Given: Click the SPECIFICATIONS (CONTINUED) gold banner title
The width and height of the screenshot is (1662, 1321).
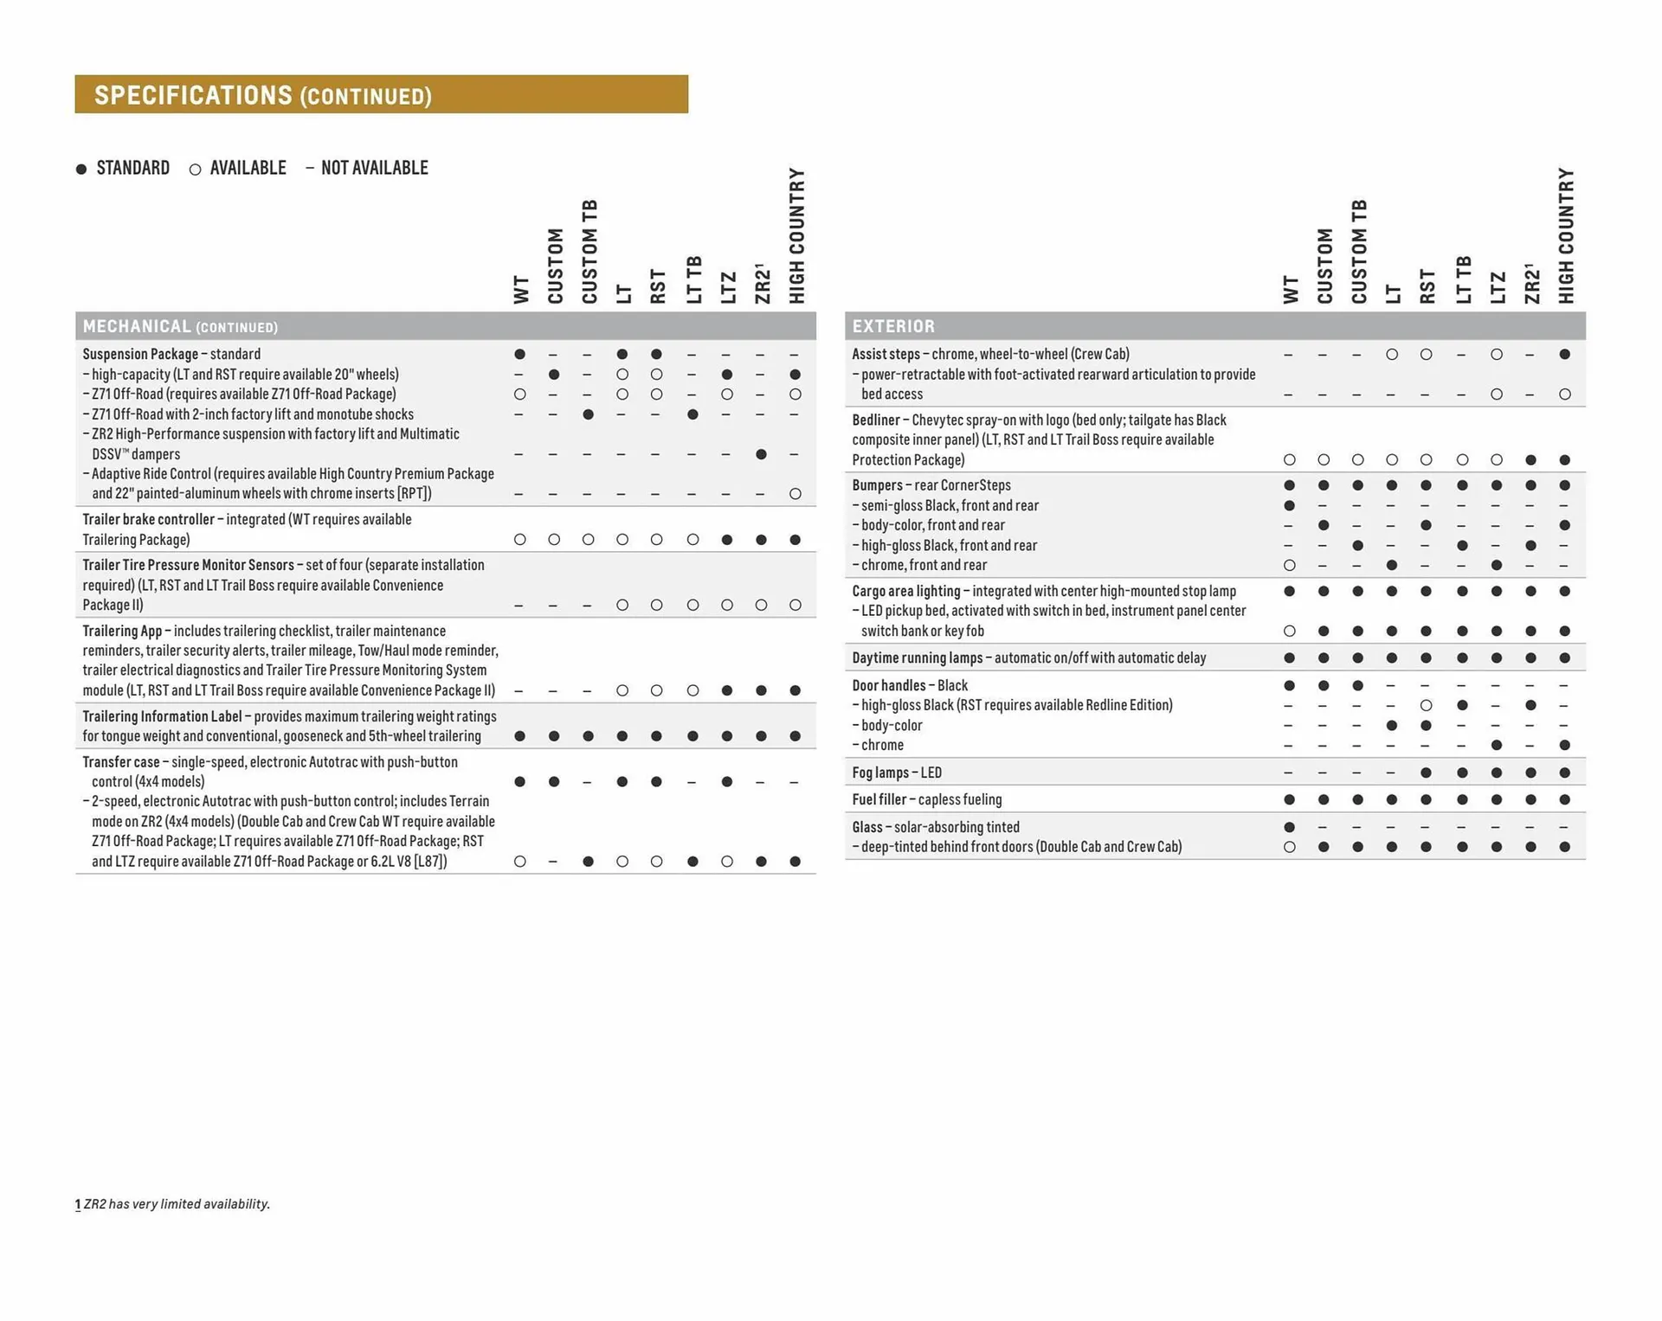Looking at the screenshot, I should (x=262, y=94).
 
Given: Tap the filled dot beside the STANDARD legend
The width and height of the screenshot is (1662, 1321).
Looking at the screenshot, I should (x=81, y=169).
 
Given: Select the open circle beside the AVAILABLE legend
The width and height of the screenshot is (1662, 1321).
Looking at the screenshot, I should (x=195, y=170).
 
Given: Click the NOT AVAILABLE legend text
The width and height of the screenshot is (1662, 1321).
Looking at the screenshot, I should (x=374, y=168).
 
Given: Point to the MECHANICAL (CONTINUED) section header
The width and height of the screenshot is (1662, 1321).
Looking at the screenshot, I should (x=180, y=326).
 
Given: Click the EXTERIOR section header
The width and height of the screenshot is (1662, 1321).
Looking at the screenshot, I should (x=893, y=326).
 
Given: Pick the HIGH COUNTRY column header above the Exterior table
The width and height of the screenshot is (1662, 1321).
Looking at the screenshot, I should (x=1565, y=235).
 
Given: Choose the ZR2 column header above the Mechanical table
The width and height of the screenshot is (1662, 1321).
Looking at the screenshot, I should (x=762, y=284).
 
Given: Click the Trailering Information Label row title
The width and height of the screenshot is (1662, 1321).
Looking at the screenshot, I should (x=163, y=716).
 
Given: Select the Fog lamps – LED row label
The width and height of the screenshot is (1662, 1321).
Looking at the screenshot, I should (x=897, y=773).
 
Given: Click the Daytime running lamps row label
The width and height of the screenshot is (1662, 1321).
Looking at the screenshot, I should (x=1028, y=657).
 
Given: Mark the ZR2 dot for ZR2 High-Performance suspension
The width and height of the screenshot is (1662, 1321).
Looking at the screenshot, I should (x=761, y=454).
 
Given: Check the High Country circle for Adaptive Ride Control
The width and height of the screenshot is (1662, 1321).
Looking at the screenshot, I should (x=796, y=494).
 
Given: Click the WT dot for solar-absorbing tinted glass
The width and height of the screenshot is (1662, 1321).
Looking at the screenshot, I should (x=1289, y=827).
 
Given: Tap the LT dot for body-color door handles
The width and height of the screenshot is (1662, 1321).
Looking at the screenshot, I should (x=1392, y=725).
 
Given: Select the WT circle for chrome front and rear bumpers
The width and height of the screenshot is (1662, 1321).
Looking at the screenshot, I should (x=1289, y=565).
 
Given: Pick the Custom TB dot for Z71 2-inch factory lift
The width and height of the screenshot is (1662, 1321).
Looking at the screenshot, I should (x=588, y=414).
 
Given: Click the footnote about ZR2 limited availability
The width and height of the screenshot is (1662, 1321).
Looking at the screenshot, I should (x=173, y=1203).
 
